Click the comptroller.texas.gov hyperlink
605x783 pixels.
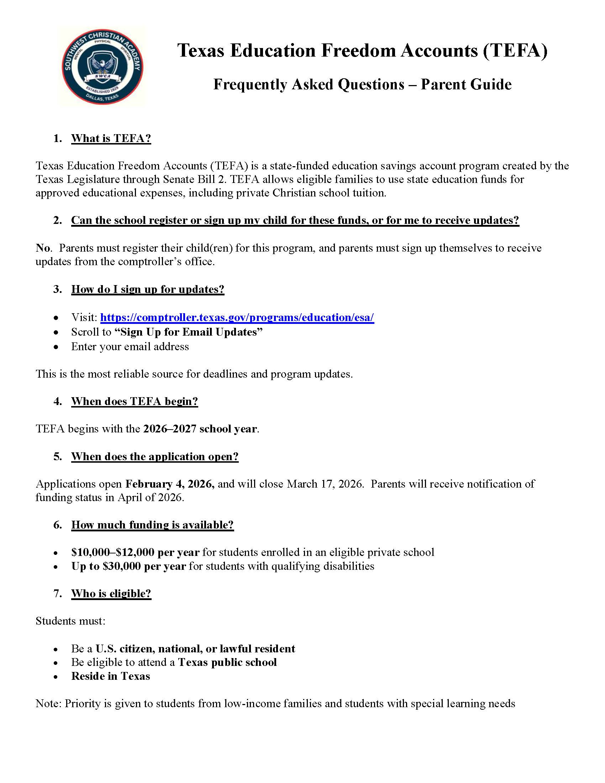(x=237, y=317)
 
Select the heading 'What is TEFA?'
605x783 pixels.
(x=111, y=138)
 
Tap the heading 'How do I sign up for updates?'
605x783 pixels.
(x=148, y=289)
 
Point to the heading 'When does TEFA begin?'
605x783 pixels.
(x=135, y=401)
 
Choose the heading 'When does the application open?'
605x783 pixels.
(x=155, y=456)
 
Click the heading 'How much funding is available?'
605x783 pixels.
(x=152, y=525)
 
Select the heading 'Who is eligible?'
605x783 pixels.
(x=111, y=593)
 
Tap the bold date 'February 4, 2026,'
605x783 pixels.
(x=170, y=484)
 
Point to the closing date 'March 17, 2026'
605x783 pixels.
(x=325, y=484)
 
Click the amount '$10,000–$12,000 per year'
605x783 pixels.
(x=136, y=552)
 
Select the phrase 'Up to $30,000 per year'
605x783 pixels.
(x=129, y=567)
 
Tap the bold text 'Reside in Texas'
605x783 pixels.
(x=111, y=676)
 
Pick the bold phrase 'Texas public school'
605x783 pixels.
(x=228, y=662)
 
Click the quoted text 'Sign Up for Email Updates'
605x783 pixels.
(x=189, y=332)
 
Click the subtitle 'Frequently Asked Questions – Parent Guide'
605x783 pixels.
(x=362, y=85)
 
